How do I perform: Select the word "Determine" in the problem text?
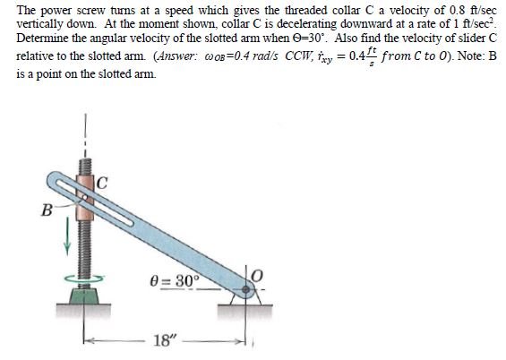pyautogui.click(x=41, y=42)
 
